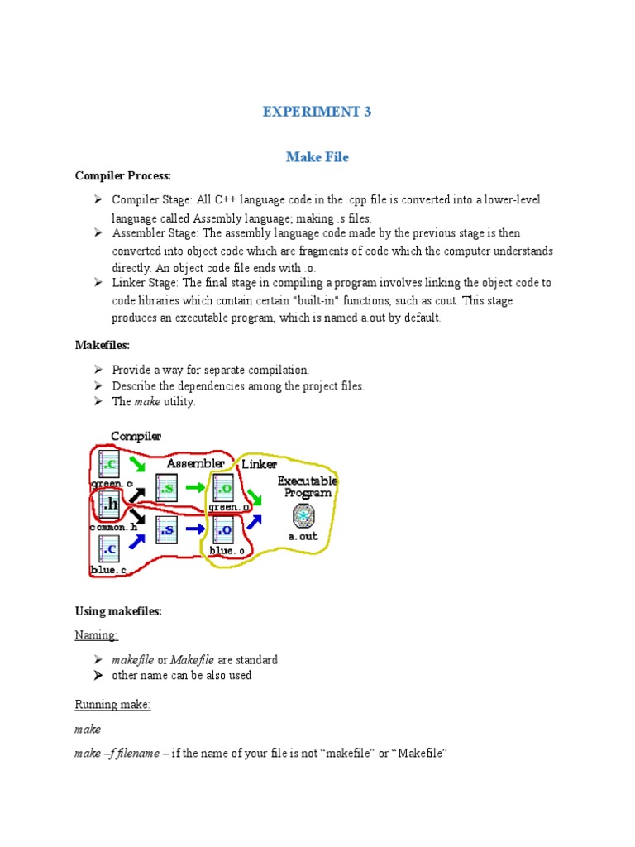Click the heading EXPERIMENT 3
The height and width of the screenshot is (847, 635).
[x=317, y=112]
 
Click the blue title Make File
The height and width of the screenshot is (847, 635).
[x=317, y=156]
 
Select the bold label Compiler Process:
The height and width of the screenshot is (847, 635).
[x=122, y=176]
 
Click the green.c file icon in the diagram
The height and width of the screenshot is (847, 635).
[x=110, y=462]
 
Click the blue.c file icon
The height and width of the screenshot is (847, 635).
[x=110, y=548]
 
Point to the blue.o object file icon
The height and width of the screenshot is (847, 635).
[x=224, y=529]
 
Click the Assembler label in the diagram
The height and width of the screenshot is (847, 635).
[x=195, y=463]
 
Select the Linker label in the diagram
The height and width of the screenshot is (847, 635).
[x=259, y=464]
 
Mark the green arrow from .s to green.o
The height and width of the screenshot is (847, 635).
[x=194, y=487]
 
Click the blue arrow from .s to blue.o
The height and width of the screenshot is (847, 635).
[x=195, y=529]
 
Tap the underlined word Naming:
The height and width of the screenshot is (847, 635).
[x=97, y=635]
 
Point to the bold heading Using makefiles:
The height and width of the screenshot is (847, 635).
[x=118, y=611]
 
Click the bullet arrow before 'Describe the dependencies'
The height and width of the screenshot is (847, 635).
[x=97, y=385]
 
